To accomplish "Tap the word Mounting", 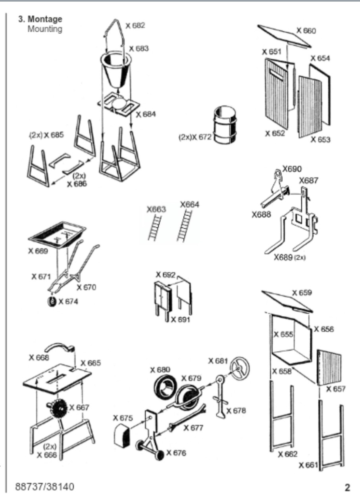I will click(x=44, y=29).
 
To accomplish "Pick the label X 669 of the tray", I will click(x=41, y=251).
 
